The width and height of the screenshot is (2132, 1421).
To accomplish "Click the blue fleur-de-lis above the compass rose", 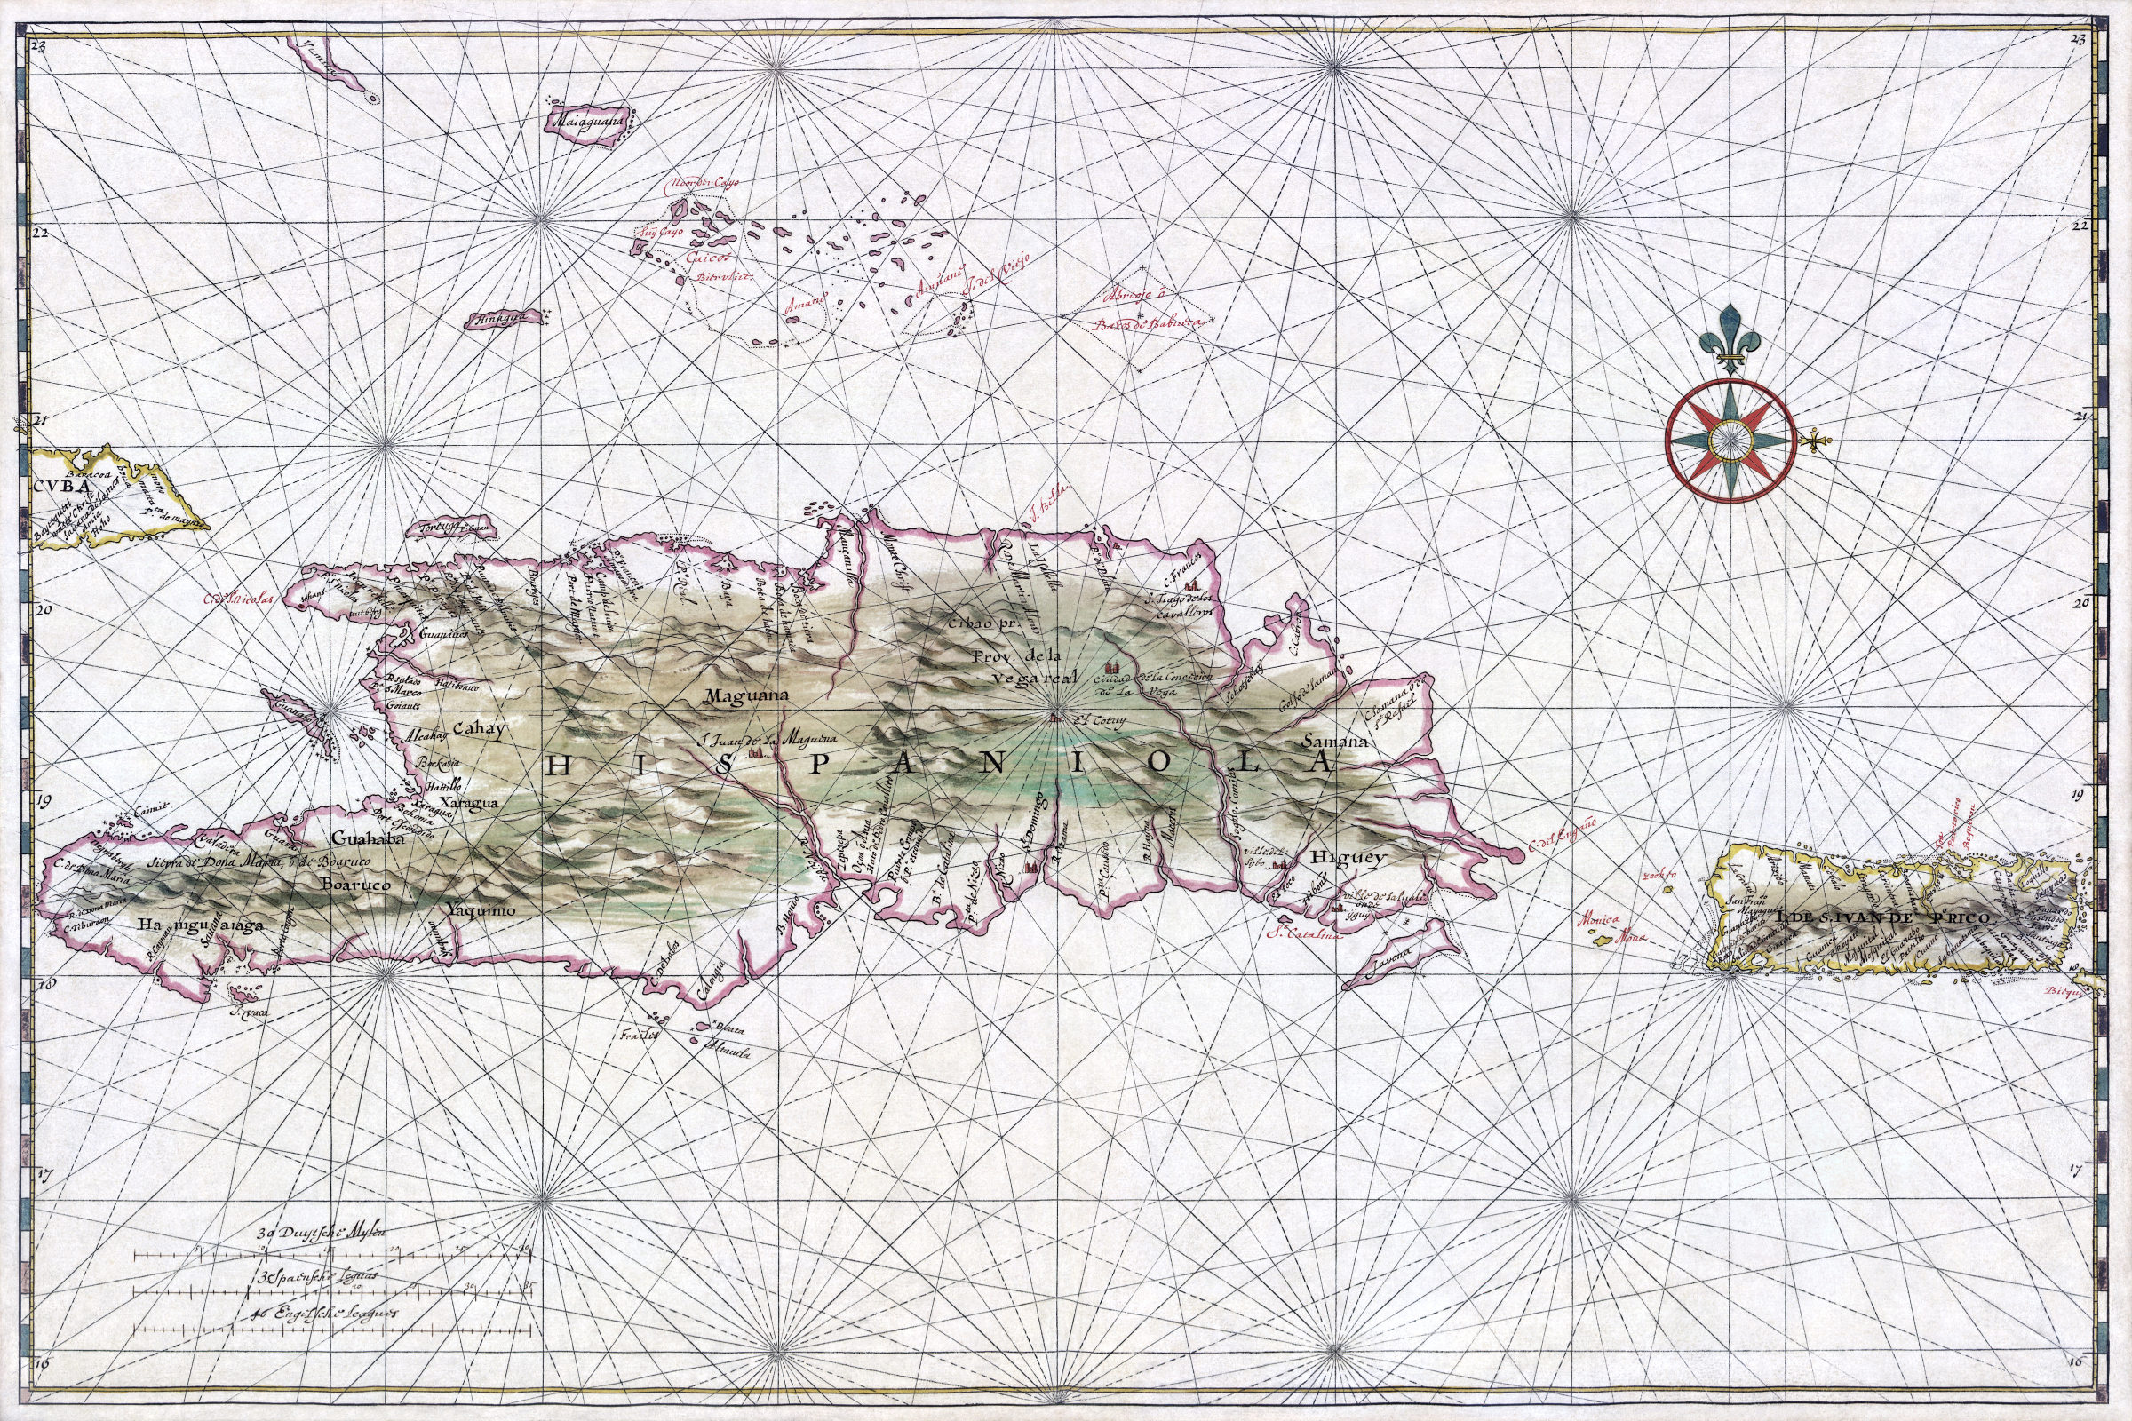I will point(1730,349).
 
